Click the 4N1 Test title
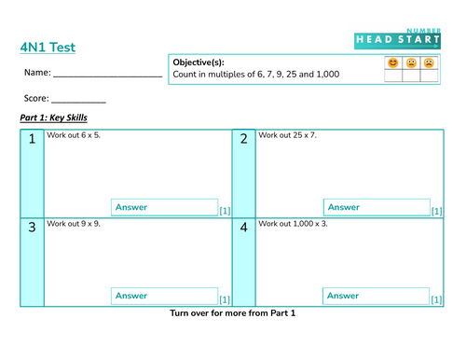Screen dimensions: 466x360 coord(48,48)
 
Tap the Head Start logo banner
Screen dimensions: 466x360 coord(397,39)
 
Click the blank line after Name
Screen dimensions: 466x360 coord(108,76)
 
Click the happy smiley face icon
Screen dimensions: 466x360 coord(393,62)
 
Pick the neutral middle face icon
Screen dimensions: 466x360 coord(411,62)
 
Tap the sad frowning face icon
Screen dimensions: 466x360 coord(429,62)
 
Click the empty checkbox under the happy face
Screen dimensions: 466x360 coord(393,76)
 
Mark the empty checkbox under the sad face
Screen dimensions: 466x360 coord(429,76)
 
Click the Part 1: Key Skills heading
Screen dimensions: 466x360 coord(53,118)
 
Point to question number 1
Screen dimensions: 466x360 coord(32,139)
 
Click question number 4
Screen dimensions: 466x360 coord(244,228)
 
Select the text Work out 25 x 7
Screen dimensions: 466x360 coord(287,135)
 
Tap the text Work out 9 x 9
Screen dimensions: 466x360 coord(74,224)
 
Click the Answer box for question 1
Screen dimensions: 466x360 coord(165,207)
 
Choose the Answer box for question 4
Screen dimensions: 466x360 coord(377,296)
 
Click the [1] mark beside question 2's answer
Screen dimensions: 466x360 coord(436,211)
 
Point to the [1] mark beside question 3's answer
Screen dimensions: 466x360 coord(225,299)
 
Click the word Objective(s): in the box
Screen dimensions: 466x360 coord(199,62)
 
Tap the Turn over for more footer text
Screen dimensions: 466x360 coord(232,313)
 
